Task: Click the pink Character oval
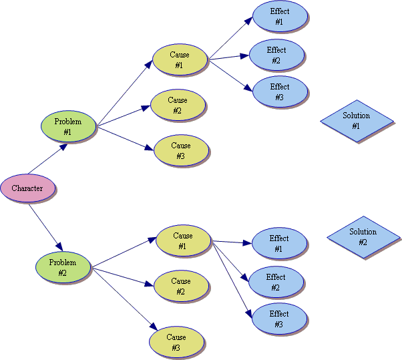[27, 188]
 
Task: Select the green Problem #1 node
[67, 127]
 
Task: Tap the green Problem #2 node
[62, 267]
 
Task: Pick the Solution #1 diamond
[355, 121]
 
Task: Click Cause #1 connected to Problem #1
[180, 60]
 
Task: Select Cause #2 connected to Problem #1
[178, 106]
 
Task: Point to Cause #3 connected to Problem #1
[181, 150]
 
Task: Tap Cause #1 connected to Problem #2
[183, 241]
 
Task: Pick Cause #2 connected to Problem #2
[181, 286]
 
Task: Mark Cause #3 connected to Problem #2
[176, 343]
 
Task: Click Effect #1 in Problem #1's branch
[279, 17]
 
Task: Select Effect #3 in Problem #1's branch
[279, 92]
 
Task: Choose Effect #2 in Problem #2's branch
[276, 283]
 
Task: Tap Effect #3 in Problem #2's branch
[279, 319]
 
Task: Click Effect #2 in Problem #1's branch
[276, 55]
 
